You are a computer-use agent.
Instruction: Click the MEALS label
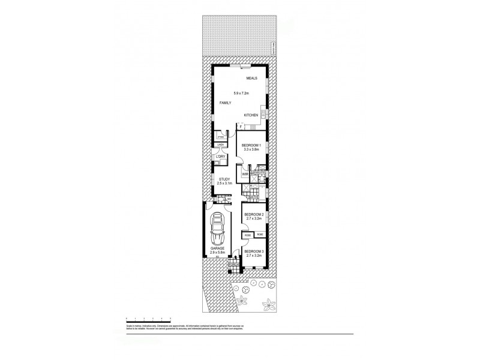pos(252,79)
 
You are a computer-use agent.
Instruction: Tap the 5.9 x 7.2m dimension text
pos(243,92)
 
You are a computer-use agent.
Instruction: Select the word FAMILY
pos(225,103)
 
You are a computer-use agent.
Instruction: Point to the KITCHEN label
pos(251,115)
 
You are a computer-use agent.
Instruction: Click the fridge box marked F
pos(241,127)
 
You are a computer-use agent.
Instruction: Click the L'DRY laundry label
pos(220,157)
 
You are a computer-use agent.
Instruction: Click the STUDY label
pos(224,179)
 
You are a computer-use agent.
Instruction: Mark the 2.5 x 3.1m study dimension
pos(224,184)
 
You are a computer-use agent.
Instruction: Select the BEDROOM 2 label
pos(254,214)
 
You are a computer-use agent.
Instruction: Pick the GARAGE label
pos(217,248)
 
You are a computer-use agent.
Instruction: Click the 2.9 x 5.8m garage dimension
pos(217,253)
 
